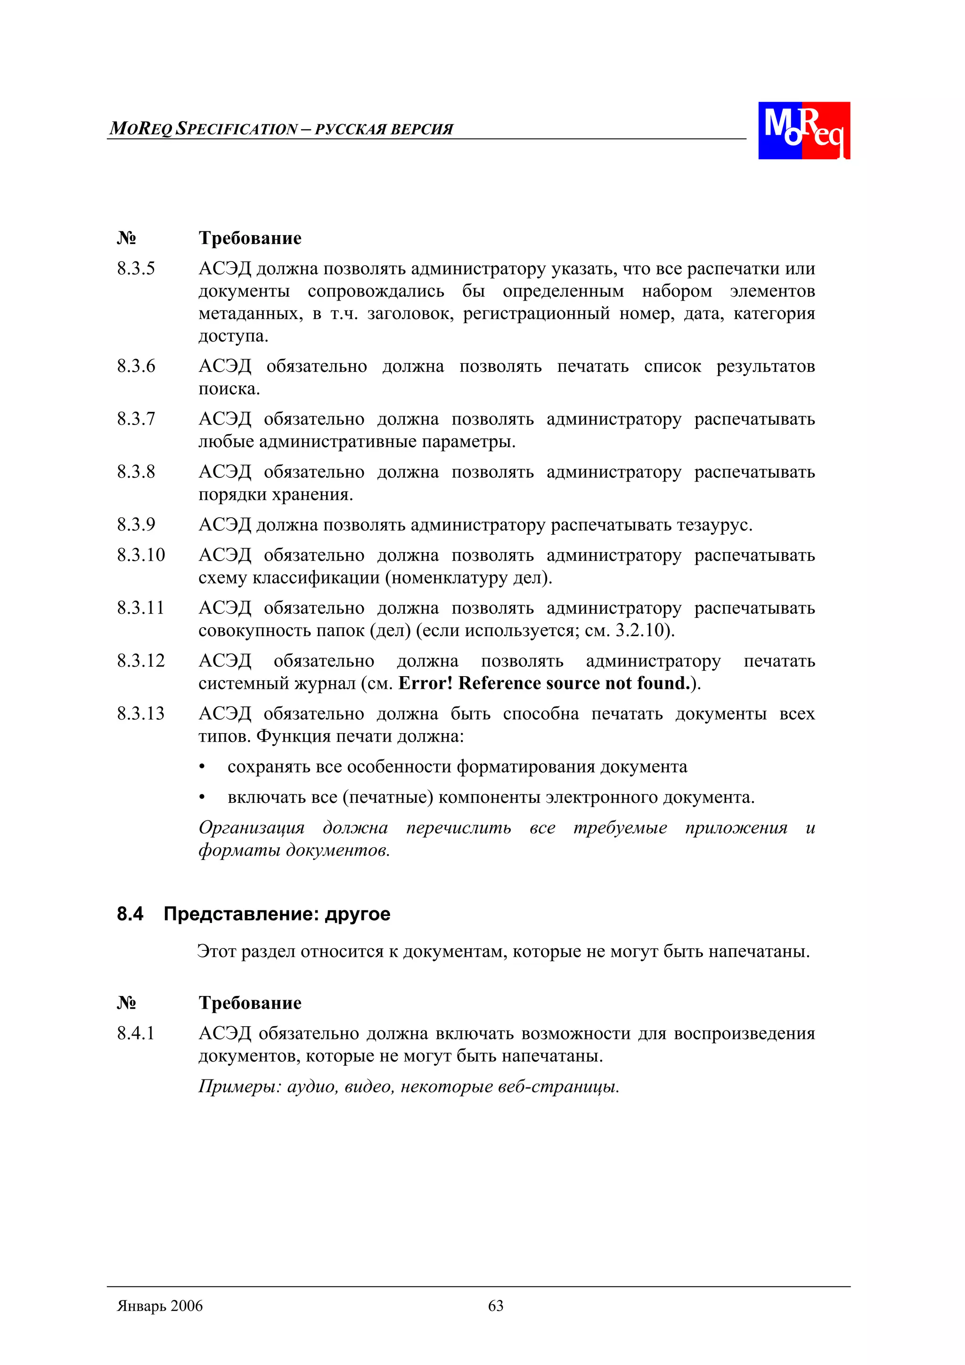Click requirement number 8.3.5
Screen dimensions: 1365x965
pos(136,269)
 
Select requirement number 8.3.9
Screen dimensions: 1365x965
pos(136,524)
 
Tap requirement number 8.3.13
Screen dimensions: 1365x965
pos(140,713)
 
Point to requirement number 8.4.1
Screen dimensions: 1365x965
pos(136,1033)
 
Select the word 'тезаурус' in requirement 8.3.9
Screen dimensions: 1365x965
pos(713,525)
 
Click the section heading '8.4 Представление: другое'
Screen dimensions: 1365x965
pos(254,914)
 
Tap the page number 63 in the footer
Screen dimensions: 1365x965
pos(495,1306)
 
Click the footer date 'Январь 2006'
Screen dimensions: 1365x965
pos(160,1306)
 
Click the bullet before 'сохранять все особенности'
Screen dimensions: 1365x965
pos(202,768)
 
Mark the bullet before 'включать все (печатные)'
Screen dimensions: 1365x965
pos(202,798)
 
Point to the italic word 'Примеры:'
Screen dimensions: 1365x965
pos(240,1087)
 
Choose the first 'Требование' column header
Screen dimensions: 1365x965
pos(250,238)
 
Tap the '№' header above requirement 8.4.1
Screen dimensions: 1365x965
pos(126,1003)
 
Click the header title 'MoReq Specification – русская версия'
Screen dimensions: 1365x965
pos(281,129)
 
